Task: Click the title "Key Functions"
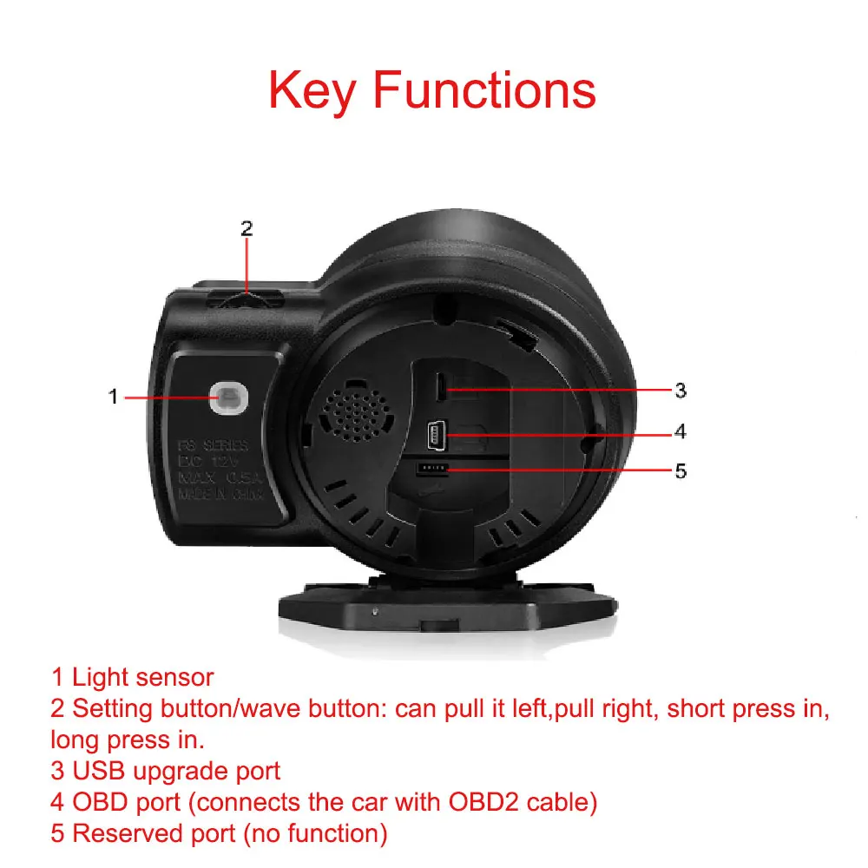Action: pos(432,89)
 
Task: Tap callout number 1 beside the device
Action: pos(112,397)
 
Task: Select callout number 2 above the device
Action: pos(247,228)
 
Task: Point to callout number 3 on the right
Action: pos(681,391)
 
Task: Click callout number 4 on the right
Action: pos(681,431)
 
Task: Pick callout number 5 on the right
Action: pos(681,470)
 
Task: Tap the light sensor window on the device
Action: pos(229,397)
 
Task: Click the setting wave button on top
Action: pos(247,299)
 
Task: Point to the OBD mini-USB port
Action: pos(436,431)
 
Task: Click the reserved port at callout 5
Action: pos(431,469)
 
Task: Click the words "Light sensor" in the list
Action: pos(142,677)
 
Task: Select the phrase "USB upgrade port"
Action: pos(176,771)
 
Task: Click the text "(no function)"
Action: pos(314,833)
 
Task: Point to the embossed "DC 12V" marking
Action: pos(213,462)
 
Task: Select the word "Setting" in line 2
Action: pos(112,708)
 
